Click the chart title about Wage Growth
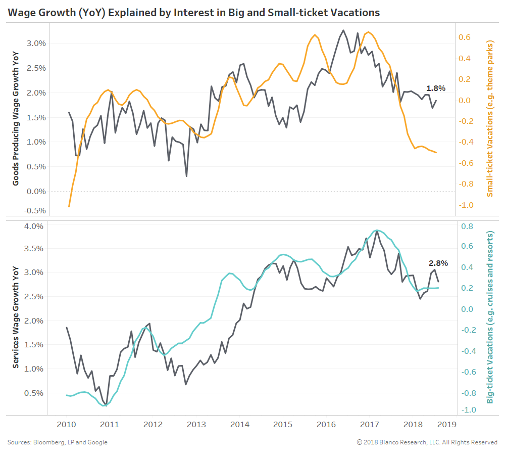193,12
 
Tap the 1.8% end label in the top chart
436,88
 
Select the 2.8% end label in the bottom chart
438,263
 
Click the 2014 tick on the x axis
239,424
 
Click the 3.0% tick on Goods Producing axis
35,43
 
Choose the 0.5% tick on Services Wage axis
35,393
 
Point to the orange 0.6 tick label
465,37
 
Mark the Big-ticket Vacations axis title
490,318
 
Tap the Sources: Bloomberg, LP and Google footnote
57,442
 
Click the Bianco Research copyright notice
427,442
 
